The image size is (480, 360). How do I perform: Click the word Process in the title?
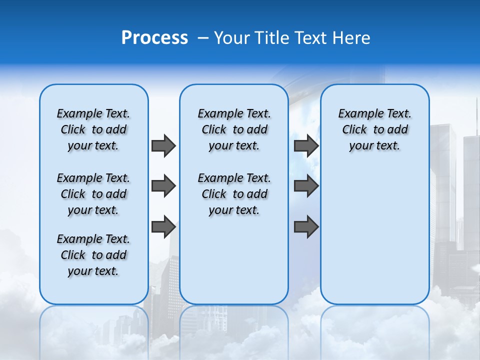[x=154, y=38]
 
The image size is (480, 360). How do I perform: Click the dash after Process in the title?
[x=203, y=38]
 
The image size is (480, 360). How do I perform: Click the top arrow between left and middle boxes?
[x=163, y=145]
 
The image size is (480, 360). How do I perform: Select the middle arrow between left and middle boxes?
[x=163, y=186]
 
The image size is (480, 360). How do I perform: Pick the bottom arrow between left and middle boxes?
[x=163, y=226]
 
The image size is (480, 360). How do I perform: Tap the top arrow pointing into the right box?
[x=306, y=145]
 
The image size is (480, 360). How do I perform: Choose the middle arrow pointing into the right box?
[x=306, y=186]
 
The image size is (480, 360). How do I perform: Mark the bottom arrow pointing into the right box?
[x=306, y=227]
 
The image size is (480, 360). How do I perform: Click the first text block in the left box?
[x=93, y=129]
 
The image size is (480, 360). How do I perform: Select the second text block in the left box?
[x=93, y=194]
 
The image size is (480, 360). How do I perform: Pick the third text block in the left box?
[x=93, y=255]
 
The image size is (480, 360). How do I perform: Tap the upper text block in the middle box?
[x=234, y=129]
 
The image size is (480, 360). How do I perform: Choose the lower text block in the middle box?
[x=234, y=194]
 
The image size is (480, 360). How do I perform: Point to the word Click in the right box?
[x=354, y=130]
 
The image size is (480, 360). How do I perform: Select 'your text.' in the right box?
[x=374, y=146]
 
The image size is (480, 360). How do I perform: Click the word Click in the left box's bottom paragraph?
[x=73, y=255]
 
